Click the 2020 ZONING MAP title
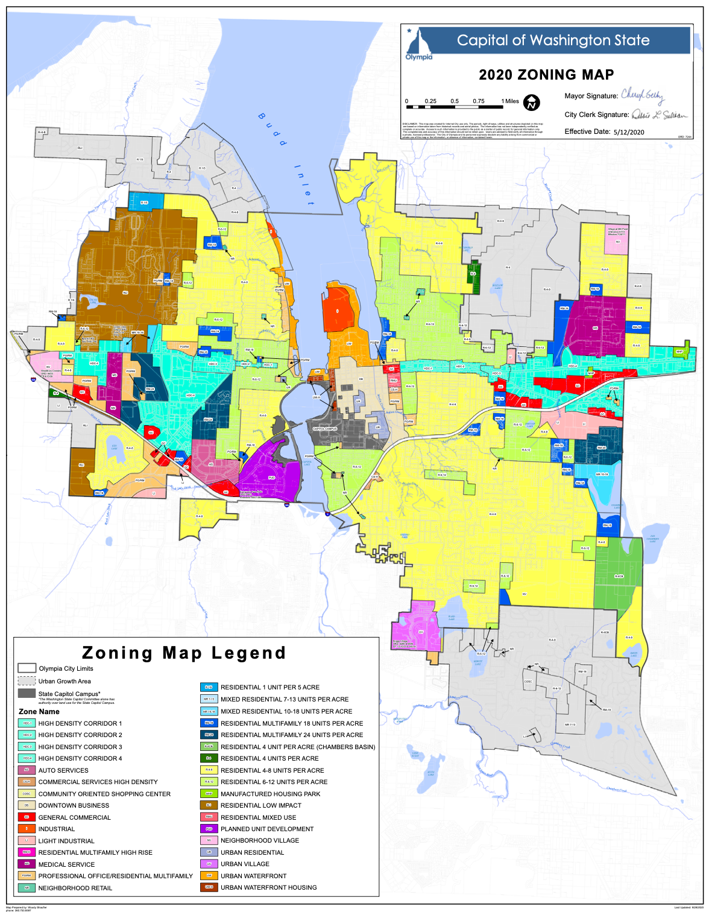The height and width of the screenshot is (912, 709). [546, 75]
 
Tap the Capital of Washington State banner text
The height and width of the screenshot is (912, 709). [553, 40]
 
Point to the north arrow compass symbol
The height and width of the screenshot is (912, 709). [531, 103]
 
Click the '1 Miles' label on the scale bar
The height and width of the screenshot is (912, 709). [509, 101]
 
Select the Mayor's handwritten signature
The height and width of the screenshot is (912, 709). [643, 95]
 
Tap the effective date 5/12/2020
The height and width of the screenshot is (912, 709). [628, 131]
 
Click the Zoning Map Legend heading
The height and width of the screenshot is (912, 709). [184, 653]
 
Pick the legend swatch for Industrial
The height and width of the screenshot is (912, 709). [27, 829]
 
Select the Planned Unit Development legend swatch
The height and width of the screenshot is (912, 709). [209, 829]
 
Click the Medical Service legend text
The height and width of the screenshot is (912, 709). [66, 864]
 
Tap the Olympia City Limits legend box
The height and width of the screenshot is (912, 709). [27, 668]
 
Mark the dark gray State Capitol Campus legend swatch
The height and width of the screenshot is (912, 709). [27, 694]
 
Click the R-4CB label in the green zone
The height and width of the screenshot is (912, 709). [619, 577]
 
